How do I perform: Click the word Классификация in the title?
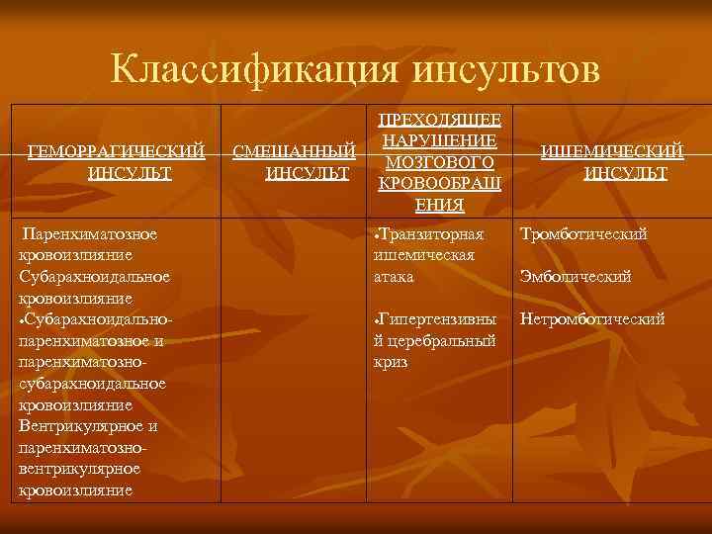(253, 69)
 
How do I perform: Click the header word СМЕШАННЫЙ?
(294, 151)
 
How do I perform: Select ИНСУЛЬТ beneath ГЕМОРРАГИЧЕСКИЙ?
(130, 173)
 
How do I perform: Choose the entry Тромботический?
(583, 234)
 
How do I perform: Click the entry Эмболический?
(576, 277)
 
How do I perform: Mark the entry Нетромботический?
(592, 319)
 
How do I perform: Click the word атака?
(394, 277)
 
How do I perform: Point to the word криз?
(391, 362)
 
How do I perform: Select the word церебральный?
(439, 341)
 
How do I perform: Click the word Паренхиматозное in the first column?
(90, 234)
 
